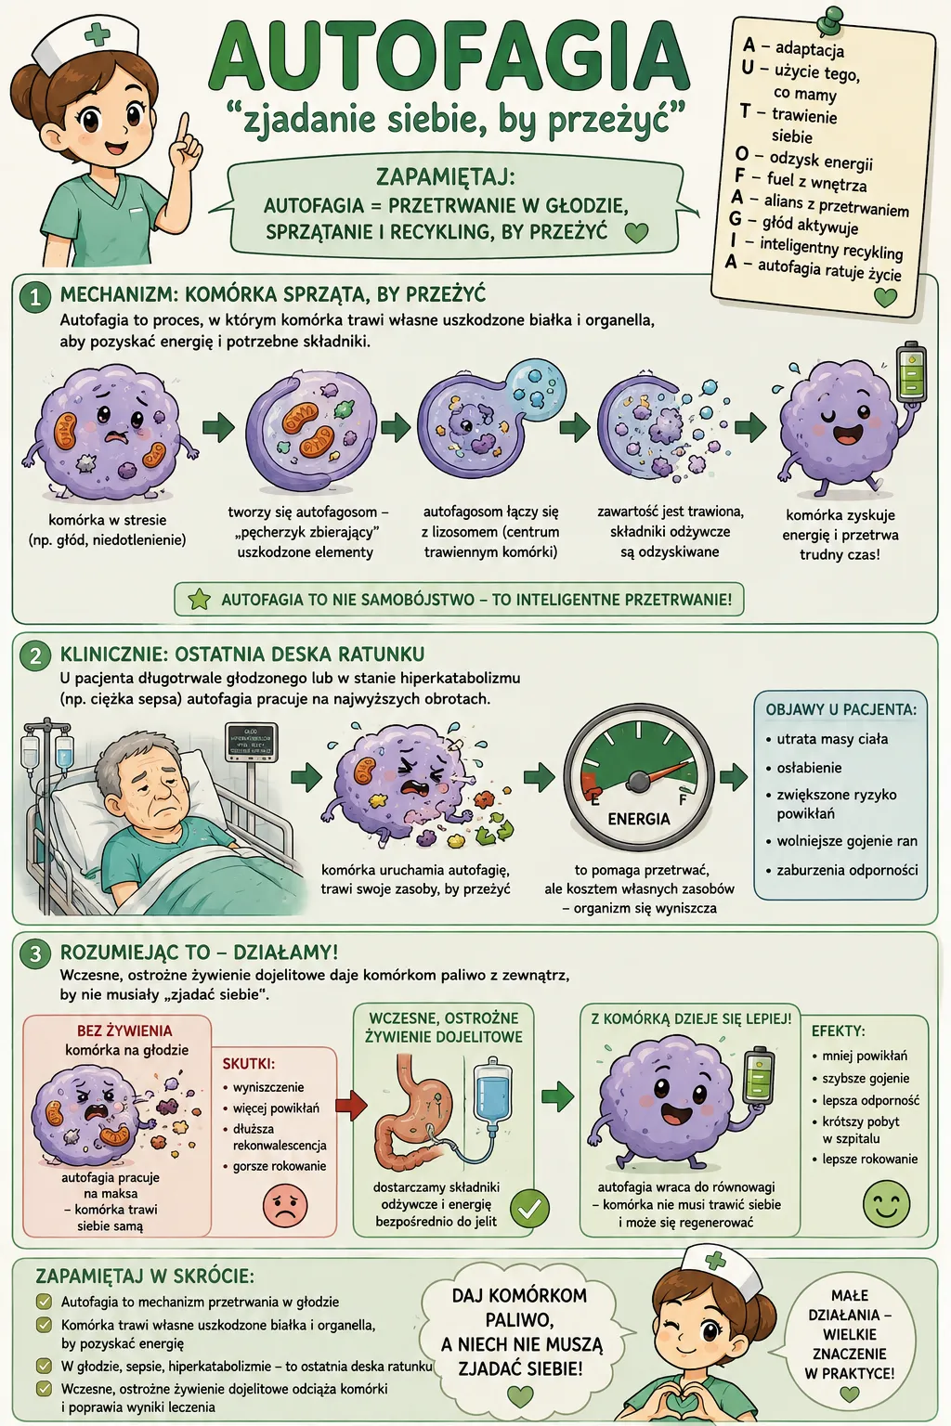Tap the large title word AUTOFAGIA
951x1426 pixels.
coord(449,59)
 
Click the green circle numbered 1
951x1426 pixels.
coord(35,298)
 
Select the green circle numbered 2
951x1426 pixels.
coord(35,655)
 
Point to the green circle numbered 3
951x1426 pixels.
coord(35,953)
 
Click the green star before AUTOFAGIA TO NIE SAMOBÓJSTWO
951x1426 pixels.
coord(200,599)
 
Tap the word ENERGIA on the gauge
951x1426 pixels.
coord(639,819)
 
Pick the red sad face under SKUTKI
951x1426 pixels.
coord(285,1204)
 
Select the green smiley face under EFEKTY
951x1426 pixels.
coord(886,1203)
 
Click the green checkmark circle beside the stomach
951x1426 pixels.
coord(529,1208)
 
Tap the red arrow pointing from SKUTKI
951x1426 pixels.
coord(351,1106)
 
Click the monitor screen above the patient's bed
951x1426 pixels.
coord(252,742)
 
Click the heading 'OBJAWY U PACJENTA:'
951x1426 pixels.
coord(840,709)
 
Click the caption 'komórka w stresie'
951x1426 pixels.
coord(107,520)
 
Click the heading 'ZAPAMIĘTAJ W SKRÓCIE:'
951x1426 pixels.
coord(145,1277)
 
